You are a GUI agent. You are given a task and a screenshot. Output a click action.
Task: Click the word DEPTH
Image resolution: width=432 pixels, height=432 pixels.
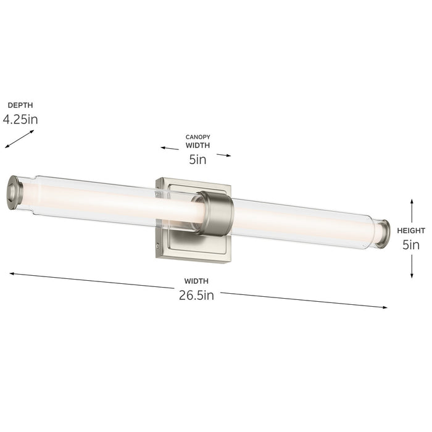pyautogui.click(x=20, y=106)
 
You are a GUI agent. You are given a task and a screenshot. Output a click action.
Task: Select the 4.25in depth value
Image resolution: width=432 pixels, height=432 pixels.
pyautogui.click(x=20, y=119)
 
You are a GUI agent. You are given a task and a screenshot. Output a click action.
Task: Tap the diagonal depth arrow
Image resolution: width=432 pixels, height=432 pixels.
pyautogui.click(x=20, y=138)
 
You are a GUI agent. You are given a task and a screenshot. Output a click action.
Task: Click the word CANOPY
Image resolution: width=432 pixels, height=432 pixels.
pyautogui.click(x=198, y=136)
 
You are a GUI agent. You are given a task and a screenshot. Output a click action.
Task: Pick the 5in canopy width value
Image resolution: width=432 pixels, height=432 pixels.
pyautogui.click(x=197, y=160)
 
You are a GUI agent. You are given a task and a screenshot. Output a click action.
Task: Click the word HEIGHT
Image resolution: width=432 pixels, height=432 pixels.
pyautogui.click(x=410, y=230)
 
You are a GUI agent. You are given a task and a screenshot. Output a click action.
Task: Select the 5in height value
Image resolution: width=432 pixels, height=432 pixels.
pyautogui.click(x=411, y=244)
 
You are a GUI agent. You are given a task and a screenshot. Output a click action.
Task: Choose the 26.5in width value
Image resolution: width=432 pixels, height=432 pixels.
pyautogui.click(x=196, y=295)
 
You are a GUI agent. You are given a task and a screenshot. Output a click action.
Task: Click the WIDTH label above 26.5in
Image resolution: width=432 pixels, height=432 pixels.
pyautogui.click(x=196, y=281)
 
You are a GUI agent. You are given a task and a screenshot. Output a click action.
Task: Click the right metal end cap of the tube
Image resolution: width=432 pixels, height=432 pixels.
pyautogui.click(x=383, y=233)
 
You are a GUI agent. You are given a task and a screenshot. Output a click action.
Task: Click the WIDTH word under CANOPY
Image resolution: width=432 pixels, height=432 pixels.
pyautogui.click(x=198, y=146)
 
